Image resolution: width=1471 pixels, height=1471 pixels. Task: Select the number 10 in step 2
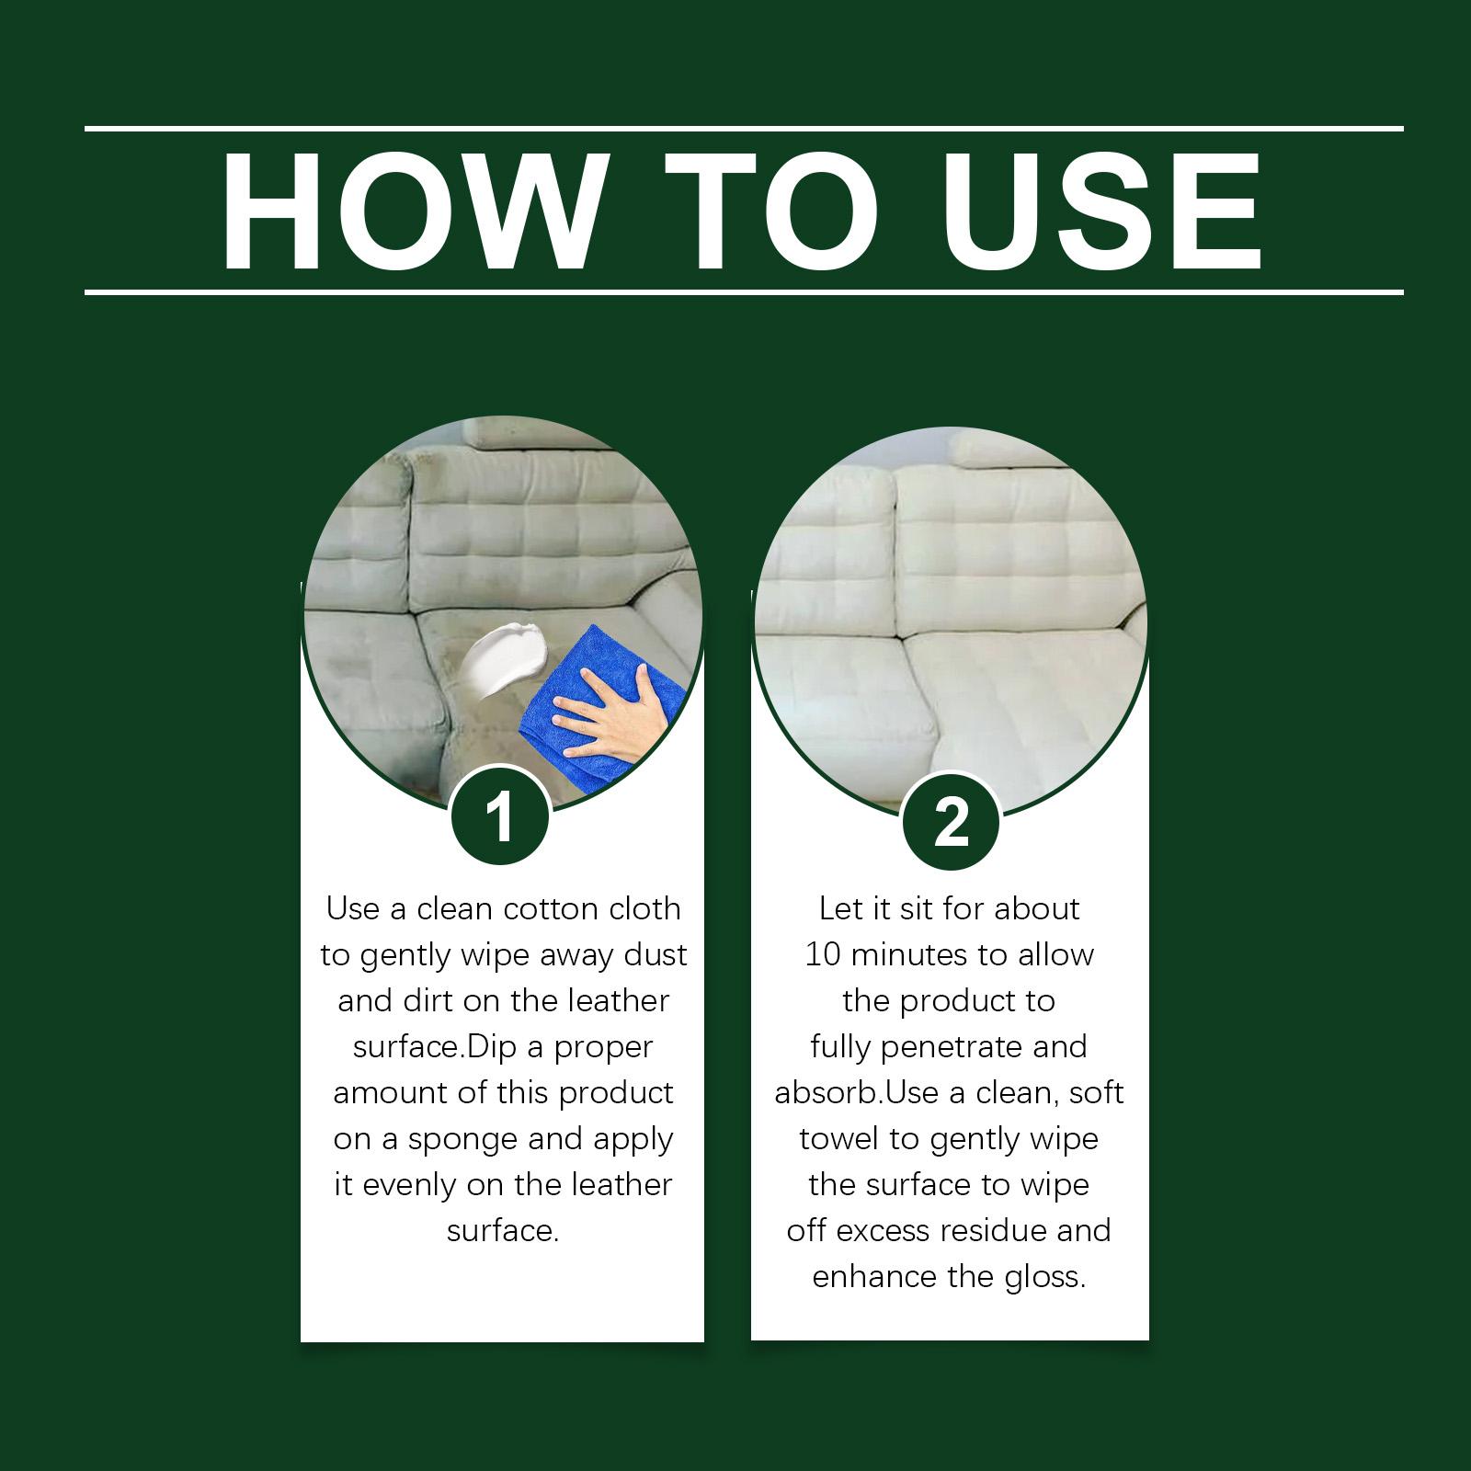click(x=823, y=955)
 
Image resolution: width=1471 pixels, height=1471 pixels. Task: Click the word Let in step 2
click(x=839, y=909)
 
